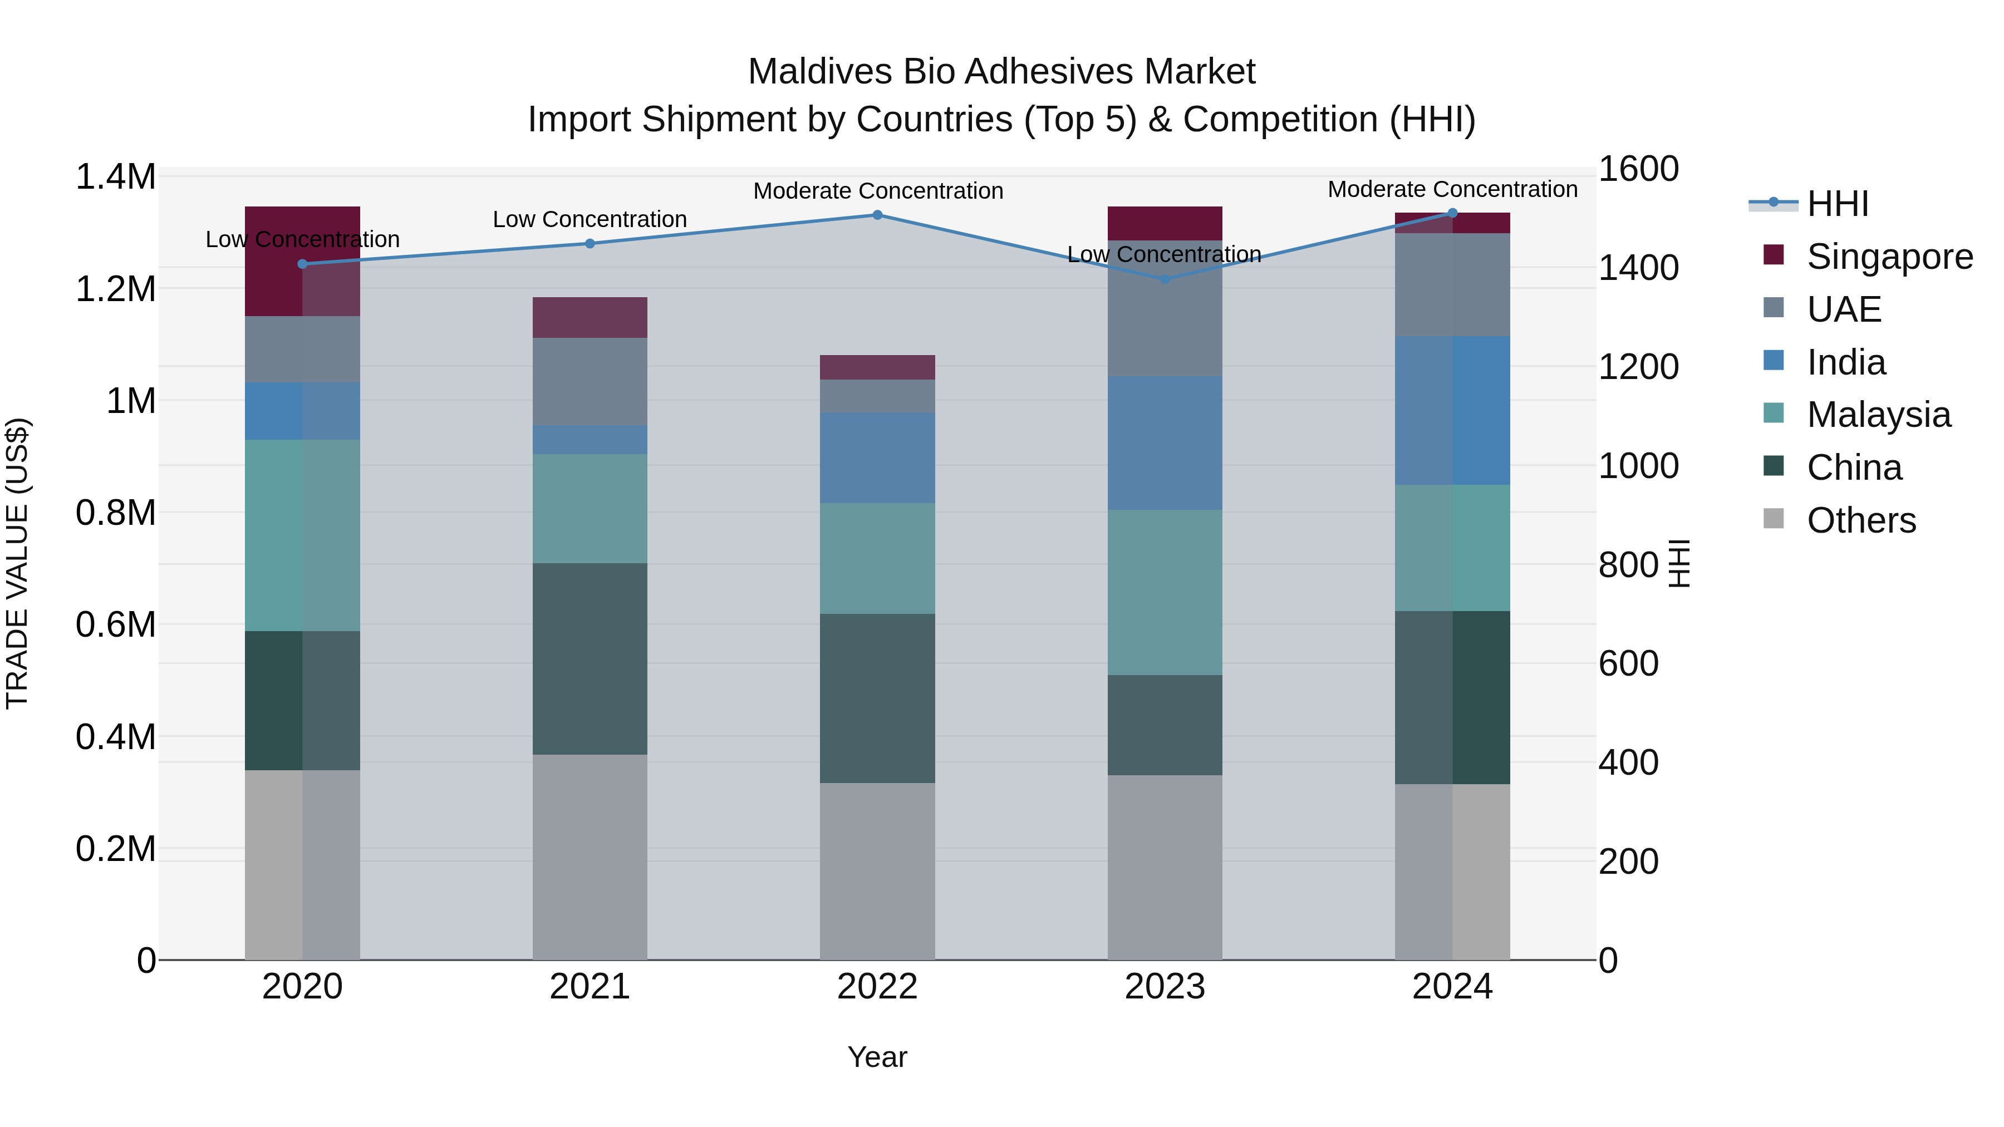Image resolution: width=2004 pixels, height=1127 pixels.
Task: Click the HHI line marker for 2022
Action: (877, 215)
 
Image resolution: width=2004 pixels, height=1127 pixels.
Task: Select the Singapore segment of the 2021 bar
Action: (590, 317)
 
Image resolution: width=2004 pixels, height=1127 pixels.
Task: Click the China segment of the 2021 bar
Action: (590, 659)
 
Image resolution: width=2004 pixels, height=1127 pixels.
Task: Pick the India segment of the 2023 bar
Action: (1165, 444)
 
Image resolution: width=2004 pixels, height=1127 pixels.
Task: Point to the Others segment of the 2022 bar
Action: (877, 871)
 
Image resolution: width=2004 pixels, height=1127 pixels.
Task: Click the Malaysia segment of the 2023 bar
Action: (1165, 592)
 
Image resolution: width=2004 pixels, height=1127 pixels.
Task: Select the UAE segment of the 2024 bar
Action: (1452, 284)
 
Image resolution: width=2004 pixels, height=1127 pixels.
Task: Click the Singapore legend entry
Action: (1889, 257)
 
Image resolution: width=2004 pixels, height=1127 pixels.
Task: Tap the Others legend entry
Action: (1861, 520)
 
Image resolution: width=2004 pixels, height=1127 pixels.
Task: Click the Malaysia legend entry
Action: (1878, 415)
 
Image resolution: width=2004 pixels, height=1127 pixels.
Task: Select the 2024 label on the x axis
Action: (1452, 987)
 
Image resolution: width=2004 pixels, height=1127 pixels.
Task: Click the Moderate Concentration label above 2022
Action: (877, 190)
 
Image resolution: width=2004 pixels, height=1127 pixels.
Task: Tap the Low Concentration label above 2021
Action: (590, 219)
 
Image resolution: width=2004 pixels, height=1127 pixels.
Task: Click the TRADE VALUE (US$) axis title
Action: (17, 563)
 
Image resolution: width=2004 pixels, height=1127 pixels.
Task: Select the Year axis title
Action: (877, 1057)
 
